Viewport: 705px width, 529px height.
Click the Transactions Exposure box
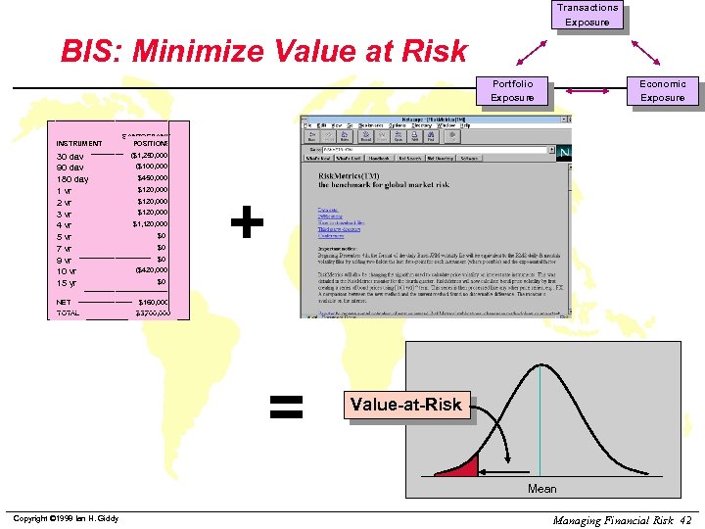pos(587,15)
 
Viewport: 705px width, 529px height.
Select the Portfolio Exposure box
pos(512,90)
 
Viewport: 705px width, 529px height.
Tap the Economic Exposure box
pos(663,90)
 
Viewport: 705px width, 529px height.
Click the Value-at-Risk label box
pos(406,404)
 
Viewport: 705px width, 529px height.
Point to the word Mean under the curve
pos(541,489)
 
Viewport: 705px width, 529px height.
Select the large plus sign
pos(247,224)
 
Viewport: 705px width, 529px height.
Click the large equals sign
pos(285,406)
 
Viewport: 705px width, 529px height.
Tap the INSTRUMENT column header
pos(79,143)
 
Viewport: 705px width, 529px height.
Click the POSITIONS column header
pos(150,143)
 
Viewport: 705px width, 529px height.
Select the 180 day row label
pos(72,179)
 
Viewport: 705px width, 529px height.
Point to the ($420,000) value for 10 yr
pos(151,269)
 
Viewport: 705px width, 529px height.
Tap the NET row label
pos(64,302)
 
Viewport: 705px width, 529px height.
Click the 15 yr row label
pos(67,283)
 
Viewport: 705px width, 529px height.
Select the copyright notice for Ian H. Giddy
pos(65,518)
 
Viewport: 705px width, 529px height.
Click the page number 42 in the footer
pos(684,519)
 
